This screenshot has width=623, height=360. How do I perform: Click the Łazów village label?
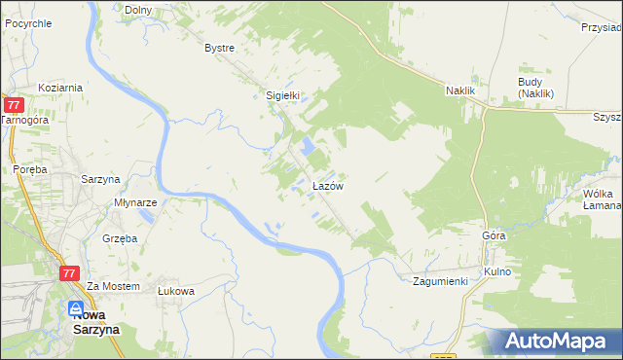point(326,185)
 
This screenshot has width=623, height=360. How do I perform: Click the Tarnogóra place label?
point(23,120)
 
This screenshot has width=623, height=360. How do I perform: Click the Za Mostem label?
point(108,287)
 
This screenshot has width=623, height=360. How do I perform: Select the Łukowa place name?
point(176,290)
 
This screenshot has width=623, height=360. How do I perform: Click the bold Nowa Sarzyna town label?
point(95,322)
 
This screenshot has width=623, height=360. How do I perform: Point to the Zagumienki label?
point(440,281)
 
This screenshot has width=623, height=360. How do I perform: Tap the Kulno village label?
point(497,271)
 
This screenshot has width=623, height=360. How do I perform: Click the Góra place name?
point(495,236)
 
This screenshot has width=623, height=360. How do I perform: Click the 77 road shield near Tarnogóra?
point(14,104)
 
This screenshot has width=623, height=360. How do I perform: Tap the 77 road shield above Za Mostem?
point(68,274)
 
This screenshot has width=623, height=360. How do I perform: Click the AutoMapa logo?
point(554,342)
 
